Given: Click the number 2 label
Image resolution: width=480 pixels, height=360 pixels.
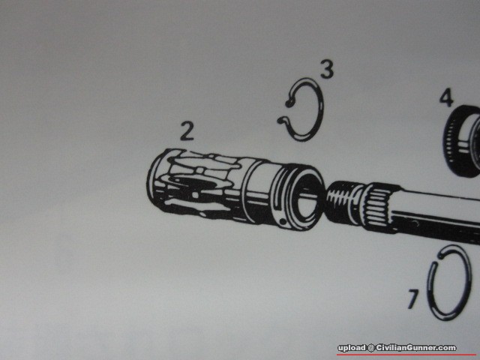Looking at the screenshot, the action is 187,131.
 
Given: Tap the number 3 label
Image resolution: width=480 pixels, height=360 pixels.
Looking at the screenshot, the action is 327,69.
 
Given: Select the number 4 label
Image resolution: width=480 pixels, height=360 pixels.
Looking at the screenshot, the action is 446,97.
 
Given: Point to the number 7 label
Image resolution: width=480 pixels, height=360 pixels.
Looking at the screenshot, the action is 413,298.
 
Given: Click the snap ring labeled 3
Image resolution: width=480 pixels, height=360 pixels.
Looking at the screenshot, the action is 321,109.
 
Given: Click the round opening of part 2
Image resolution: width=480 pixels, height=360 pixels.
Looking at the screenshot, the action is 307,198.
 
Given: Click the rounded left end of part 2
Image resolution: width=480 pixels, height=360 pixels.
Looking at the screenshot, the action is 154,181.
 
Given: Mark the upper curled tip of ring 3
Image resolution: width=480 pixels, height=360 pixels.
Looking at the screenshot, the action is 288,103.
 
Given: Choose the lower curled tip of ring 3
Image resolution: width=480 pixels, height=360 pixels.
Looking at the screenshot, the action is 280,121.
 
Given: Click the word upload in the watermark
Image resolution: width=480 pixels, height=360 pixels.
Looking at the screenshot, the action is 352,348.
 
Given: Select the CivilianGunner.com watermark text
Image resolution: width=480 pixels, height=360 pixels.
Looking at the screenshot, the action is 416,348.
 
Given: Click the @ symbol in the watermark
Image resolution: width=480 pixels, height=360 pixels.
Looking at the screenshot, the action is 370,348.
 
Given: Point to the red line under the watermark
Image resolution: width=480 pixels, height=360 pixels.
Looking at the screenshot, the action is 408,355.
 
